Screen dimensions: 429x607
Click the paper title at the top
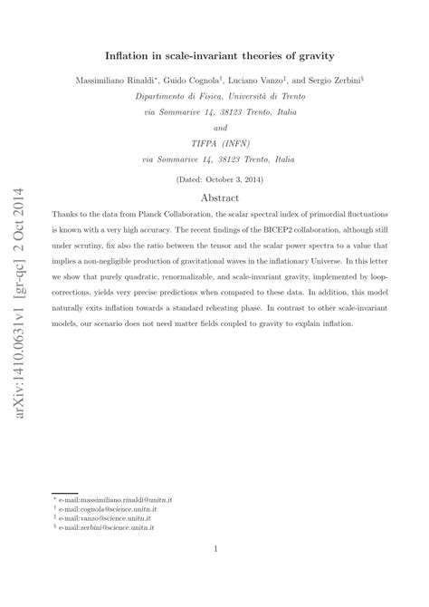coord(214,55)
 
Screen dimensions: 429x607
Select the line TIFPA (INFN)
coord(214,144)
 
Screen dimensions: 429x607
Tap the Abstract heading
coord(214,197)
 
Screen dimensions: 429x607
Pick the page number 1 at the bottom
coord(214,549)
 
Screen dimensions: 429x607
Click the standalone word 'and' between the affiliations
coord(214,128)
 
